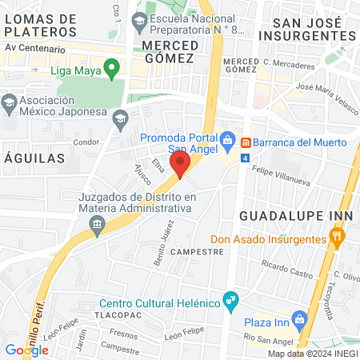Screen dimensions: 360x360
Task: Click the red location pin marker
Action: pyautogui.click(x=181, y=165)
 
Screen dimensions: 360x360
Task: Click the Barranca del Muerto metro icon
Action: pyautogui.click(x=246, y=142)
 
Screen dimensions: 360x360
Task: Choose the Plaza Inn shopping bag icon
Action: pyautogui.click(x=300, y=318)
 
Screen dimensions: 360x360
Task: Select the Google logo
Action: pyautogui.click(x=26, y=350)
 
